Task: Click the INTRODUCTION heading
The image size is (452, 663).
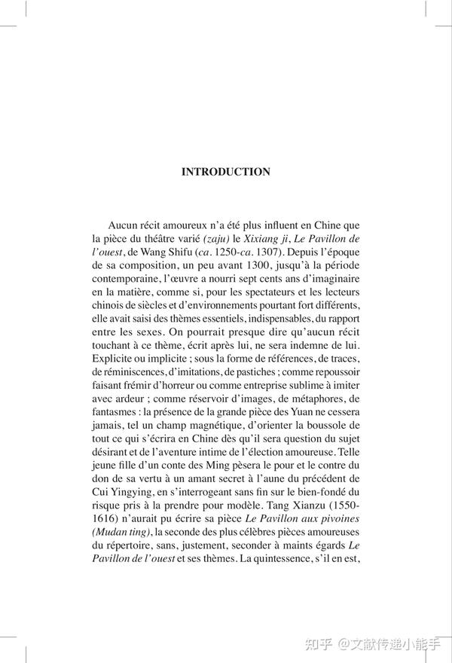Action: pyautogui.click(x=226, y=172)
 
